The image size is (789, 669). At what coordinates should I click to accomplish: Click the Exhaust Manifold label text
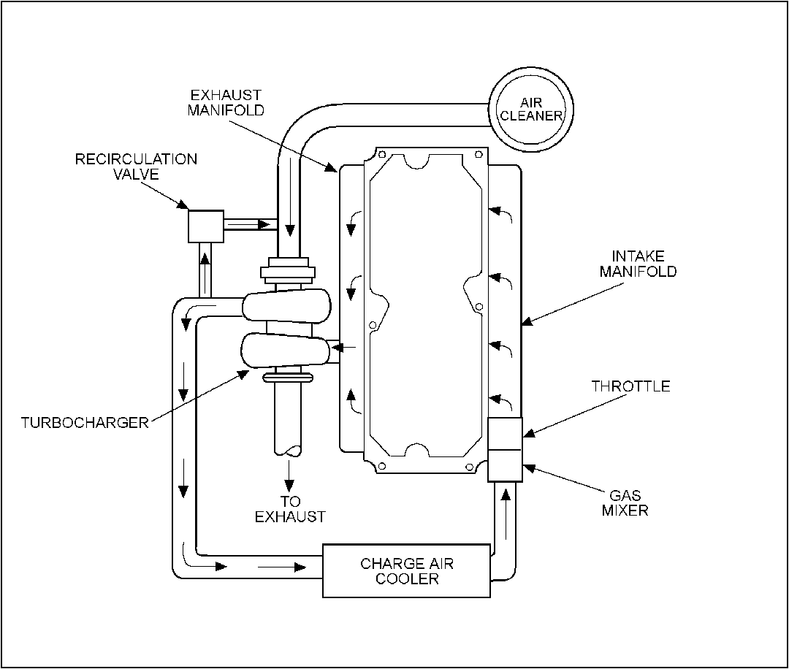click(226, 102)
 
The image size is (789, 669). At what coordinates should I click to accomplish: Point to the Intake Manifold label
click(638, 264)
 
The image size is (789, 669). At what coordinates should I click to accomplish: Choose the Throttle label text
click(630, 386)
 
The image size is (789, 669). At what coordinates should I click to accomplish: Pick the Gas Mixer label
click(625, 503)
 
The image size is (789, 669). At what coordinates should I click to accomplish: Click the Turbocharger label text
click(85, 423)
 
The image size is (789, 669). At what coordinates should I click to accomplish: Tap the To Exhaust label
click(290, 509)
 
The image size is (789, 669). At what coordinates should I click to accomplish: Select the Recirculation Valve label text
click(136, 167)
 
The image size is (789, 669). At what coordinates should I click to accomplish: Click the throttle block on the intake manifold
click(506, 434)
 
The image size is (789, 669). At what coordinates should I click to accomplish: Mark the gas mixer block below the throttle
click(506, 466)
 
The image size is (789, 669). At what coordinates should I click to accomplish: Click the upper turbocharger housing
click(287, 305)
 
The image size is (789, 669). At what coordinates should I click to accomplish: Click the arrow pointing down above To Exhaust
click(289, 475)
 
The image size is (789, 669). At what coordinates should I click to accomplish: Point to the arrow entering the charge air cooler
click(282, 567)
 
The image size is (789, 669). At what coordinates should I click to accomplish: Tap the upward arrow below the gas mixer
click(506, 513)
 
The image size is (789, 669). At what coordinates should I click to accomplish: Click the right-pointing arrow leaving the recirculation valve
click(250, 223)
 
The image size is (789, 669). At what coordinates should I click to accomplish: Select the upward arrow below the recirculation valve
click(205, 274)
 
